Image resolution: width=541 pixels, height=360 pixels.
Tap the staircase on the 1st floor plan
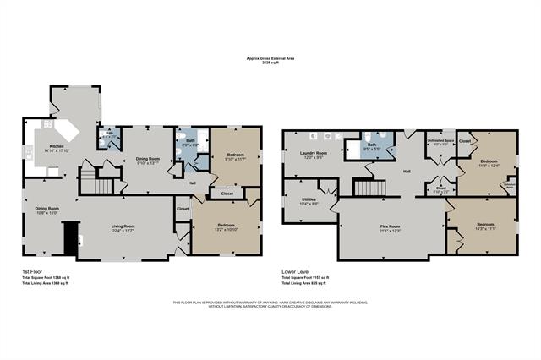[102, 185]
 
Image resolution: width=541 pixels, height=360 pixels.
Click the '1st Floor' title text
[32, 271]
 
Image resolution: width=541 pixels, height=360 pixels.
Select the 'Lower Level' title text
[295, 271]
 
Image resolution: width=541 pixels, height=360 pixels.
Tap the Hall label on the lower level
[407, 172]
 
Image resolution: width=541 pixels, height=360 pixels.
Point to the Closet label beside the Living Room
[183, 208]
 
